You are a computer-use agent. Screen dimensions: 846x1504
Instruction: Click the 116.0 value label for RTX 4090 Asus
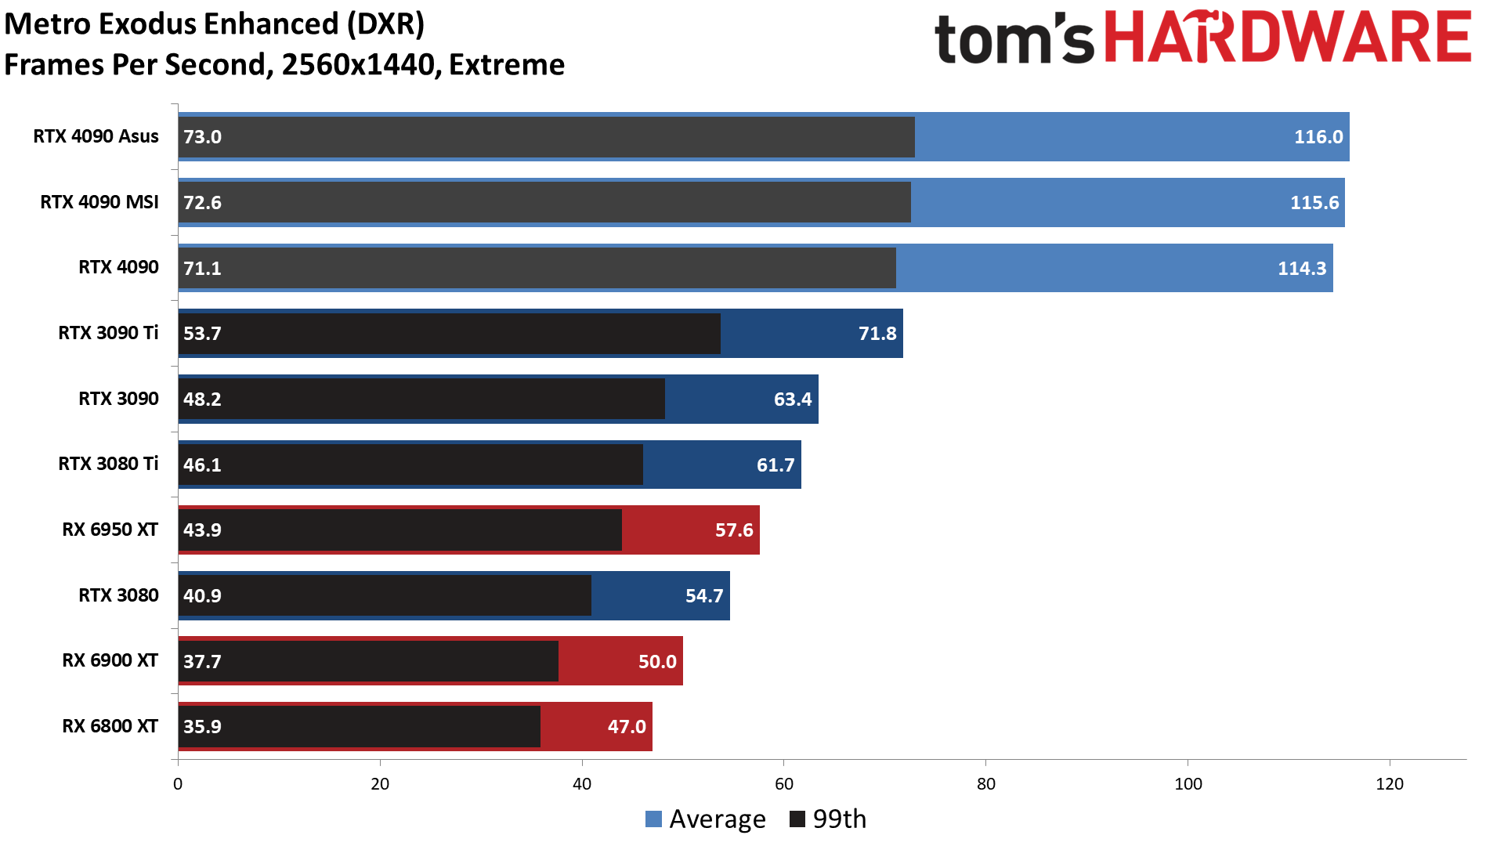[1318, 137]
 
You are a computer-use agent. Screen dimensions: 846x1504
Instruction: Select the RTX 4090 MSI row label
[99, 202]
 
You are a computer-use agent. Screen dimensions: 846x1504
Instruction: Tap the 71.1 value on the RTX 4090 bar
[202, 268]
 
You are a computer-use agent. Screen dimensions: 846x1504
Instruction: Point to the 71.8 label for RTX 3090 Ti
[877, 334]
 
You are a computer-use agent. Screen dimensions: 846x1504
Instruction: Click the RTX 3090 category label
[118, 399]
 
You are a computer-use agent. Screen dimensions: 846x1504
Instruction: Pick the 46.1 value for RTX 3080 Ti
[202, 465]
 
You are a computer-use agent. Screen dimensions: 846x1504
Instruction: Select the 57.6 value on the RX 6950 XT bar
[734, 530]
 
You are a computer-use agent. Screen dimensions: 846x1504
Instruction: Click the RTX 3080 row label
[118, 595]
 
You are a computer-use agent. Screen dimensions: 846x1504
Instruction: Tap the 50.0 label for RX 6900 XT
[657, 661]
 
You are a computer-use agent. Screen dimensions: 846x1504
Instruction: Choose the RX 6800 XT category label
[110, 726]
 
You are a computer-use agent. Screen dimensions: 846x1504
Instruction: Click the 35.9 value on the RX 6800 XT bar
[202, 727]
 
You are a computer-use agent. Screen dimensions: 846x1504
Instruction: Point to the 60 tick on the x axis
[784, 784]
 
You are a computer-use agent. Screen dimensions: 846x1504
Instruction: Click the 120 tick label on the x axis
[1390, 784]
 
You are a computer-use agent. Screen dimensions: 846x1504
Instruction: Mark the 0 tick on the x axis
[178, 784]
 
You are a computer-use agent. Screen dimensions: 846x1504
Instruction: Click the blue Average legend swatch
[653, 819]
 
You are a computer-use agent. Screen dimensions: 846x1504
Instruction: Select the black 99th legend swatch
[797, 819]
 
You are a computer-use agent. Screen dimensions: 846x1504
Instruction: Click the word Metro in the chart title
[45, 24]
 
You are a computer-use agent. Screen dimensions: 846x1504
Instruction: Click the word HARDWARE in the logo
[1288, 37]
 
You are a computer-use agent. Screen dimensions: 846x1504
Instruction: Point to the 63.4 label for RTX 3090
[793, 399]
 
